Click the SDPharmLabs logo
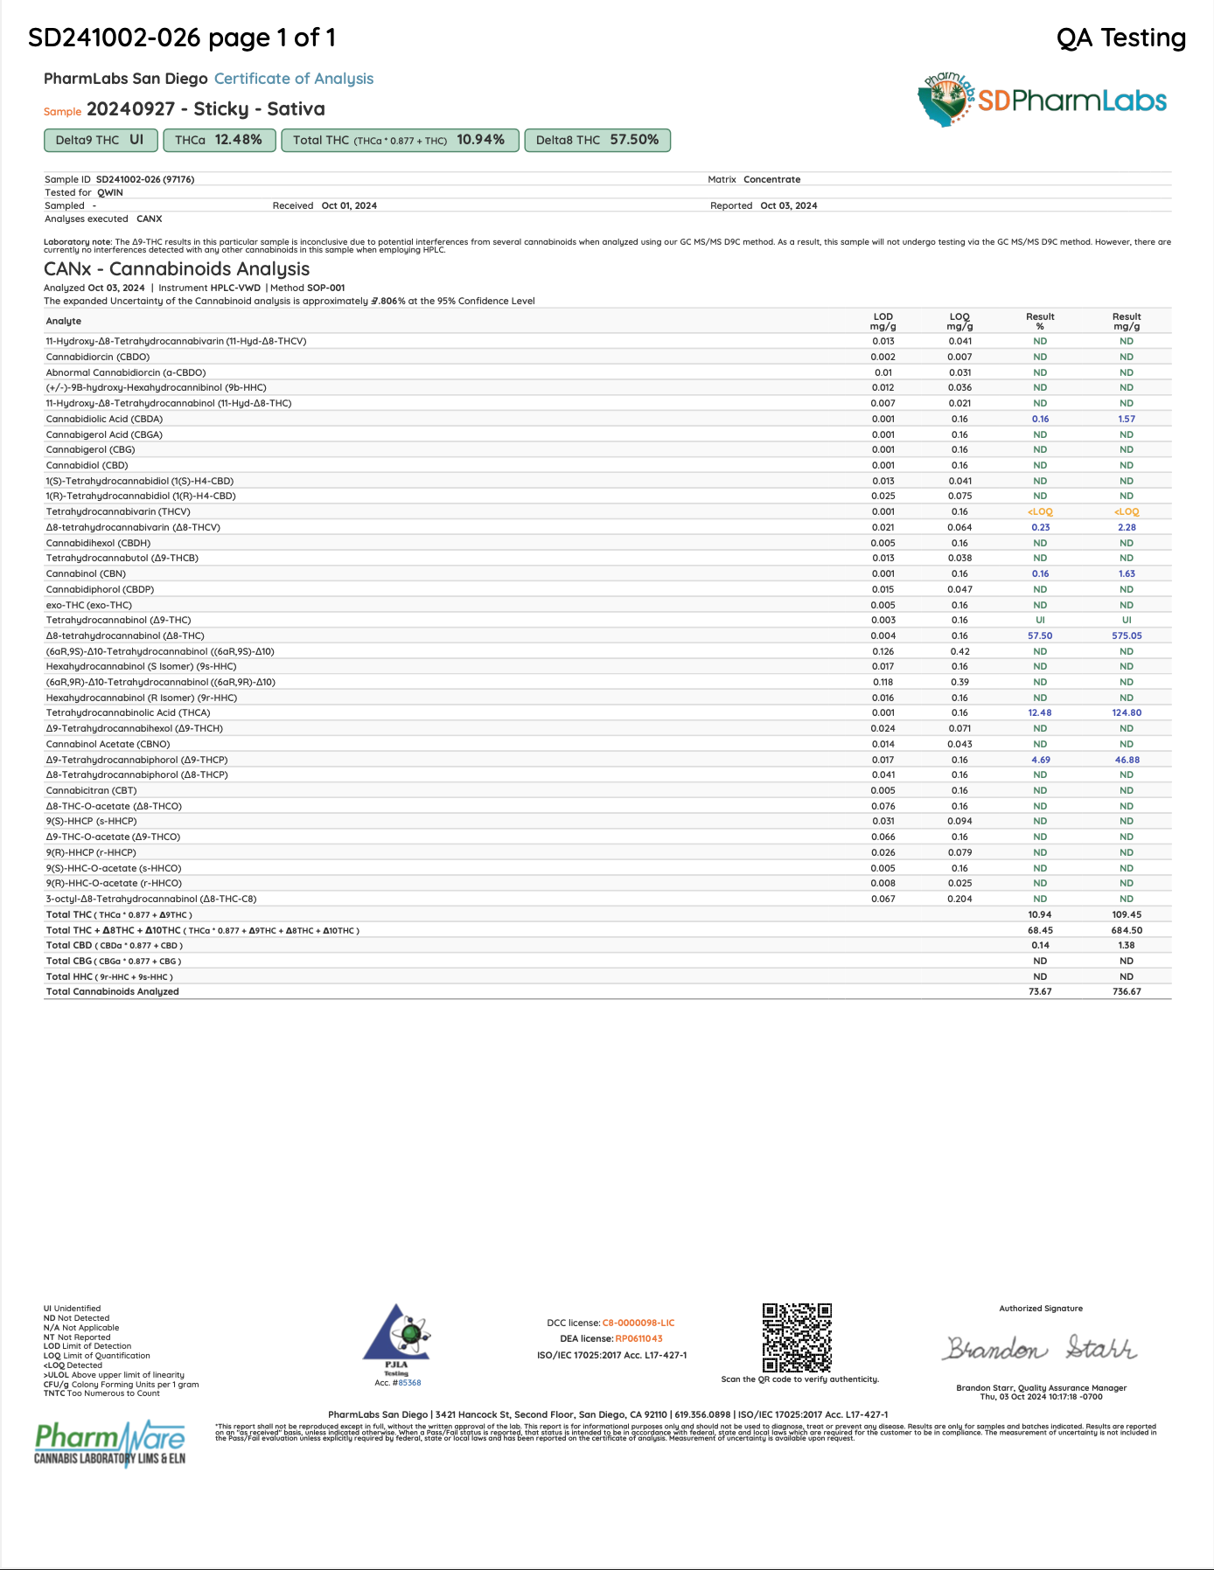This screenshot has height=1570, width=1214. (1042, 101)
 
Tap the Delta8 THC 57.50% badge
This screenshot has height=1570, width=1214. (597, 140)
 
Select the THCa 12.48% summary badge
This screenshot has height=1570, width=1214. (219, 140)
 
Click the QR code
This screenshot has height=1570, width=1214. (797, 1337)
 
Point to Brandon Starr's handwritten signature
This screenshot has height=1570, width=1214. (1040, 1349)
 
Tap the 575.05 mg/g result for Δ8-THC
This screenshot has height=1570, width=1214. (1127, 636)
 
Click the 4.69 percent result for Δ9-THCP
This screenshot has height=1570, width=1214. (1040, 761)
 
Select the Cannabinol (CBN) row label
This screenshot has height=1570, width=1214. (86, 574)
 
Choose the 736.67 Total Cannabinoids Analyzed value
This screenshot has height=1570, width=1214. (1127, 992)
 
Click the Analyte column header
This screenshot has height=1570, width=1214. (64, 322)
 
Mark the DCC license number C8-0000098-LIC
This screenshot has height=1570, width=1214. (638, 1323)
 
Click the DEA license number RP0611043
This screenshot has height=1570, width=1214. (638, 1338)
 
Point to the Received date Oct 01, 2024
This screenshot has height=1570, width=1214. (349, 206)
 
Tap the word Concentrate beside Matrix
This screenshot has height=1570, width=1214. (771, 180)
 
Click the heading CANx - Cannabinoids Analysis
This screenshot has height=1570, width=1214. (177, 269)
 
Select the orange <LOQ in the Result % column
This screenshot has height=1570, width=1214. (1040, 512)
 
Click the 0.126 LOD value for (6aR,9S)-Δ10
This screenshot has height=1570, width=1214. (883, 651)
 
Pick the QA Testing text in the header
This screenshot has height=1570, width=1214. (1121, 38)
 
